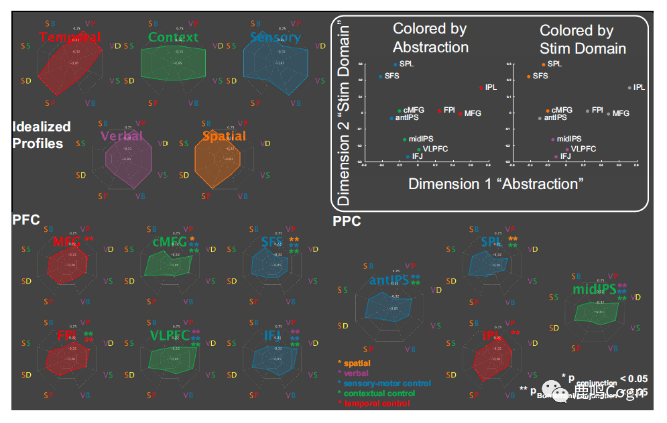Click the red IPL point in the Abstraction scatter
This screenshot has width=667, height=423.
pos(481,88)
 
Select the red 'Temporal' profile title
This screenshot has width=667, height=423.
pos(70,37)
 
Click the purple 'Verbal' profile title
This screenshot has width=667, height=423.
pos(121,136)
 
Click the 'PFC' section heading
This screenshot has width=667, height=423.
pos(26,219)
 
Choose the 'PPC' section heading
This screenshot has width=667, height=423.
pos(347,221)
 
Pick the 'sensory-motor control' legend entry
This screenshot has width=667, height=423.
pos(387,383)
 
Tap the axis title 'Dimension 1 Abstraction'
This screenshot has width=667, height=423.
pos(496,184)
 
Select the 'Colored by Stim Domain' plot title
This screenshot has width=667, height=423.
pos(583,39)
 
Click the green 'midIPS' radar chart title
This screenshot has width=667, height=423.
pos(594,290)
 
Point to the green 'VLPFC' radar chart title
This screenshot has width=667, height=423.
pos(170,336)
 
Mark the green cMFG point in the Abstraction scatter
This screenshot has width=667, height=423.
pos(400,111)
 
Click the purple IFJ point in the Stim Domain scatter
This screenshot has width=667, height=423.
pos(556,156)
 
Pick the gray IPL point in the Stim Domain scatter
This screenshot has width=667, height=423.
pos(629,88)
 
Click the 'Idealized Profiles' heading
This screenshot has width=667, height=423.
pos(41,135)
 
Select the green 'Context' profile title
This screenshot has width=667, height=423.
pos(173,37)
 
